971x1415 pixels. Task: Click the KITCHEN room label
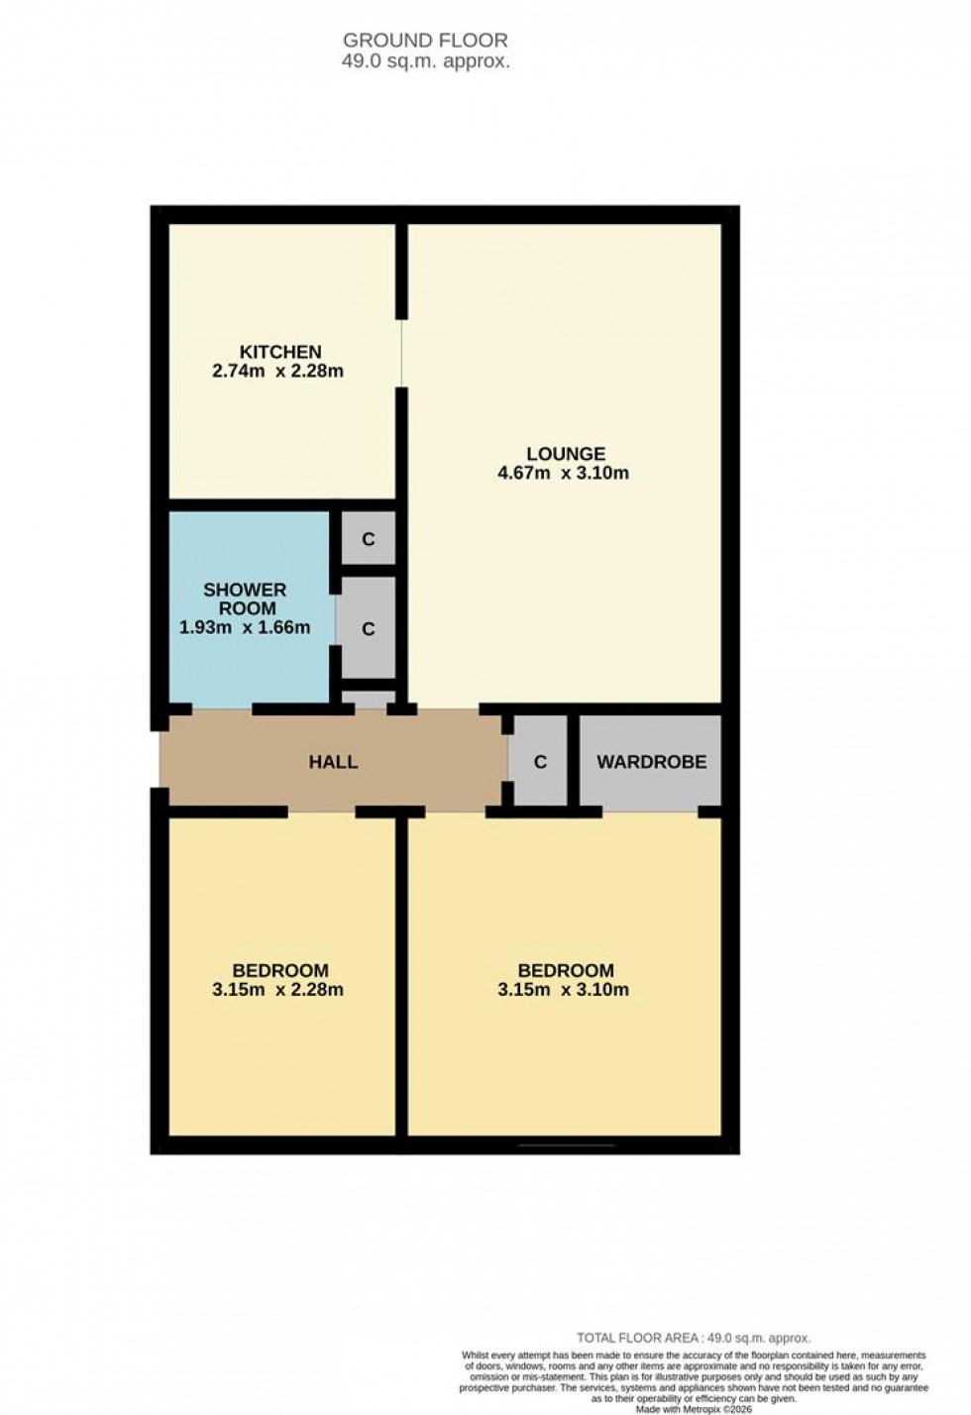point(280,352)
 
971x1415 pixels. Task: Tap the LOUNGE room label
point(565,454)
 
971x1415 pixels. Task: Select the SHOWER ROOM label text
point(245,599)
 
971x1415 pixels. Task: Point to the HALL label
point(333,762)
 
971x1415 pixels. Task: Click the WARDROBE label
point(651,762)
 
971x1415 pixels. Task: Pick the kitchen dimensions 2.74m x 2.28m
point(277,372)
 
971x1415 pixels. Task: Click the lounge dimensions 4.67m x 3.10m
point(563,474)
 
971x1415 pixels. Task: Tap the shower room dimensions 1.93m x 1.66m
point(245,627)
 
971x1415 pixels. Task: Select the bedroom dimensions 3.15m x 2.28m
point(277,989)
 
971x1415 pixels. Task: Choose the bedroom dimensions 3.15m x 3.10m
point(563,989)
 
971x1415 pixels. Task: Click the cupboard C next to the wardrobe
point(540,762)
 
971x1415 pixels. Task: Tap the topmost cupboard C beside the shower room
point(369,540)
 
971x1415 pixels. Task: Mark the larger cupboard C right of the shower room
point(369,629)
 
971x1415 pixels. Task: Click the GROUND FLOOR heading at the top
point(425,41)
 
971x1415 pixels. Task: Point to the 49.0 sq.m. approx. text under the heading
point(425,61)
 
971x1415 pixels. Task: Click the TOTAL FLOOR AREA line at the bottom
point(694,1338)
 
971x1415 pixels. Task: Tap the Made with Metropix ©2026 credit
point(694,1408)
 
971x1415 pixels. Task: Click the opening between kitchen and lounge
point(401,354)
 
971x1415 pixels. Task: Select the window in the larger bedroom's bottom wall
point(565,1145)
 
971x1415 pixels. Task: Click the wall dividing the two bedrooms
point(401,976)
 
